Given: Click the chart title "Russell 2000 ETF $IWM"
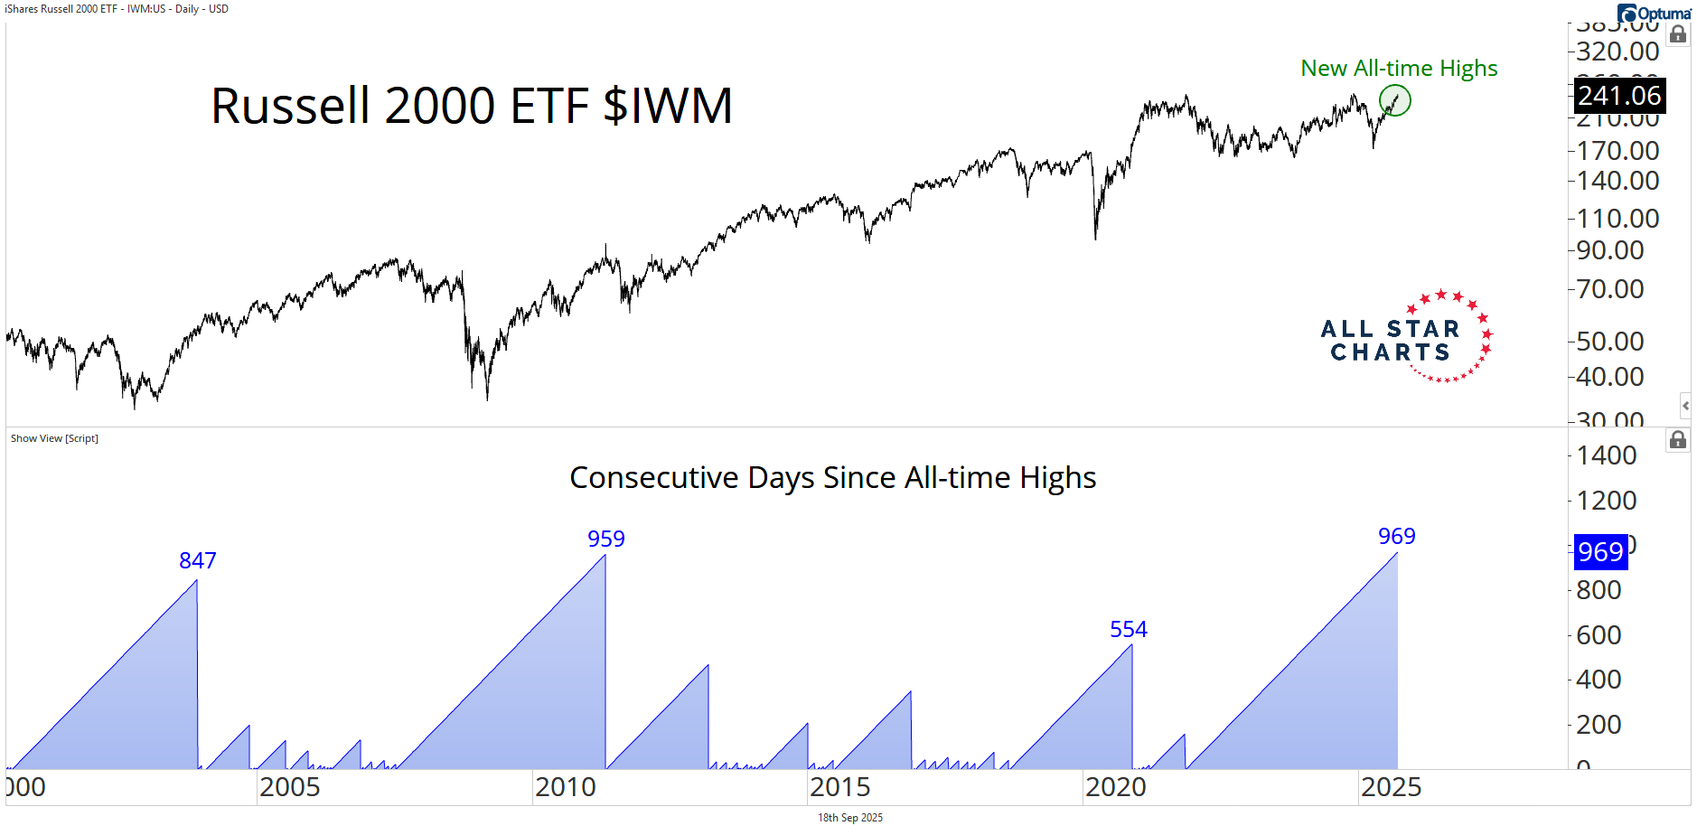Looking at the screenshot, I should click(x=471, y=106).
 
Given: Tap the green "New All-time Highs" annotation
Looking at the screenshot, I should click(x=1398, y=69).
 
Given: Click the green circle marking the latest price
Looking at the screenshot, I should click(x=1394, y=100).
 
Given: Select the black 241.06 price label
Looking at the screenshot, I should click(x=1619, y=96).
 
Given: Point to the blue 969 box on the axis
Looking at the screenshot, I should click(x=1600, y=551).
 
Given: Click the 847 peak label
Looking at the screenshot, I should click(x=197, y=561).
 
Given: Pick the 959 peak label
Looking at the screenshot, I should click(x=605, y=539).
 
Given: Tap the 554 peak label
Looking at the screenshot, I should click(x=1128, y=630).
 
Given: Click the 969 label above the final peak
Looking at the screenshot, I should click(x=1396, y=537).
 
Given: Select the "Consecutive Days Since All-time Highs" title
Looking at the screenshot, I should click(x=832, y=478).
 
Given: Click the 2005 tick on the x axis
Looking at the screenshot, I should click(x=289, y=787).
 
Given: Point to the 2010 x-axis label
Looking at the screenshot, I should click(x=565, y=787).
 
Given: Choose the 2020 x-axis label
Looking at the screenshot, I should click(x=1115, y=787).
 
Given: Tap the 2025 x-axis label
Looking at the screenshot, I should click(x=1391, y=787).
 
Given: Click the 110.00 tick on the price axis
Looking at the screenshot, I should click(x=1617, y=219).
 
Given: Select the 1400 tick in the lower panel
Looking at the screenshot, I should click(x=1606, y=455).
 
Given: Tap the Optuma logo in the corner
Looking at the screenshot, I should click(x=1654, y=14).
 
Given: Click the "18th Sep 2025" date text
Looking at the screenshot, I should click(x=849, y=818).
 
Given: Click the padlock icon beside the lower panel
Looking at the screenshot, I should click(x=1678, y=440).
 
